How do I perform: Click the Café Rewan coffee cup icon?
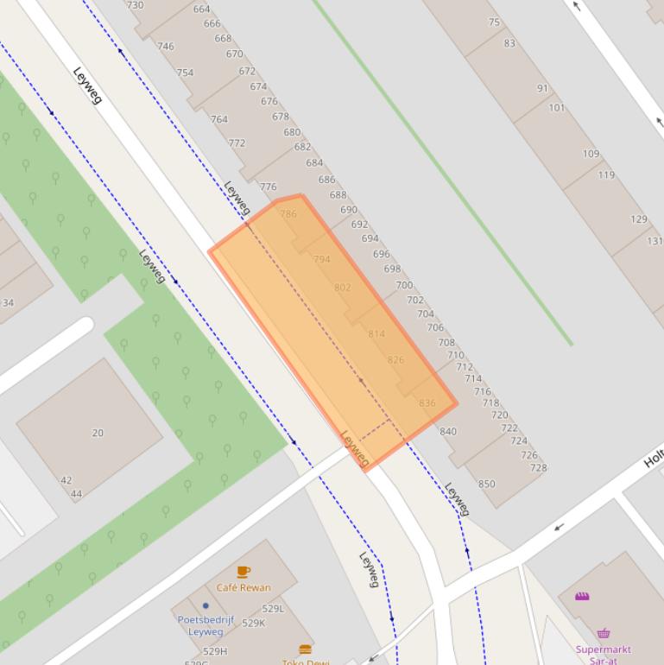coord(243,572)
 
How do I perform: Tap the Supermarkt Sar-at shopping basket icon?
coord(604,633)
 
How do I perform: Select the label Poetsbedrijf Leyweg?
coord(206,625)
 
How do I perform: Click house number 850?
coord(487,484)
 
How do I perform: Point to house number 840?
coord(448,432)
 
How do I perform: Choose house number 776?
coord(269,187)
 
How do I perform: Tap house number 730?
coord(136,5)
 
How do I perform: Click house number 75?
coord(494,22)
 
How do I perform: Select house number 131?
coord(655,241)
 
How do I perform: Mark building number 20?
coord(98,433)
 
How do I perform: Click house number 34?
coord(8,303)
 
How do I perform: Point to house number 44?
coord(76,494)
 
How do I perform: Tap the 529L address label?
coord(274,609)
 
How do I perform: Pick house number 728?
coord(538,468)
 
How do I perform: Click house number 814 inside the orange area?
coord(376,333)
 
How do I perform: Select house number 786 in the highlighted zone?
coord(288,213)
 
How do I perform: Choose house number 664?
coord(201,9)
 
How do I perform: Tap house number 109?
coord(591,154)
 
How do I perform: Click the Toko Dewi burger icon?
coord(305,649)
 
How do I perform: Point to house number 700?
coord(404,285)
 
